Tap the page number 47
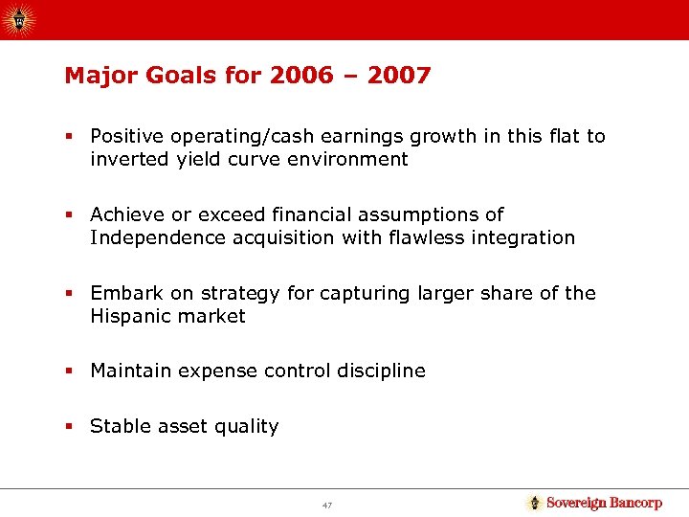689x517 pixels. [x=328, y=504]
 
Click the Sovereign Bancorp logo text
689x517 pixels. [x=604, y=503]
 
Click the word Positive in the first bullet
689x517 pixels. [x=124, y=137]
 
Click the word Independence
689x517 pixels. [x=158, y=237]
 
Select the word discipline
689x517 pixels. [x=379, y=371]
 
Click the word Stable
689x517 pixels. [x=117, y=427]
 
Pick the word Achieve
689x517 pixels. [x=124, y=214]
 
